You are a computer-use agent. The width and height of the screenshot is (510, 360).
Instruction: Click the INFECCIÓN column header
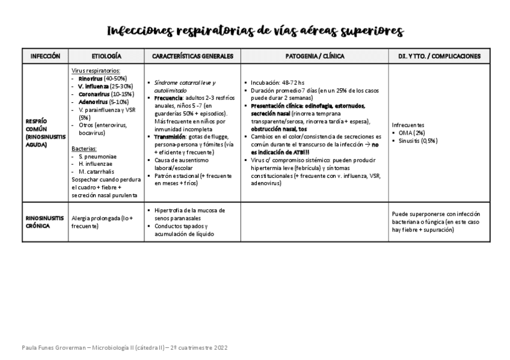tap(45, 56)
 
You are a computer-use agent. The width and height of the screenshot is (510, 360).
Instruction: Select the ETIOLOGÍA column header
tap(106, 56)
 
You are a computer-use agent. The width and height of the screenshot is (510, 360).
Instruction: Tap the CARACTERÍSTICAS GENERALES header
tap(192, 56)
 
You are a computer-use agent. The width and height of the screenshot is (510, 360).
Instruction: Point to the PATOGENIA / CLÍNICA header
tap(315, 56)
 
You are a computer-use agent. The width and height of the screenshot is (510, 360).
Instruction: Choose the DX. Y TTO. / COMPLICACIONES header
tap(439, 56)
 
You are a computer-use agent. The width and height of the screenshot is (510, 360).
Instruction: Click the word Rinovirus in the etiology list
tap(91, 78)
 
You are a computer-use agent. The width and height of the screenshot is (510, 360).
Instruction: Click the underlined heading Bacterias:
tap(84, 148)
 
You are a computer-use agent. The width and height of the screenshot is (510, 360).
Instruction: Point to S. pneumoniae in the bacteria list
tap(97, 156)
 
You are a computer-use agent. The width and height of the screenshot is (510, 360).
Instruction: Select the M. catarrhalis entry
tap(97, 172)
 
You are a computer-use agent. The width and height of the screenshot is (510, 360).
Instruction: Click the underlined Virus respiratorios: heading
tap(99, 70)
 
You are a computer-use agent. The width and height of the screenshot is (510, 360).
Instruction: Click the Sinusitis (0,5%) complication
tap(417, 141)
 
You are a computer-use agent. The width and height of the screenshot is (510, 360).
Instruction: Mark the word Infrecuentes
tap(408, 125)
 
